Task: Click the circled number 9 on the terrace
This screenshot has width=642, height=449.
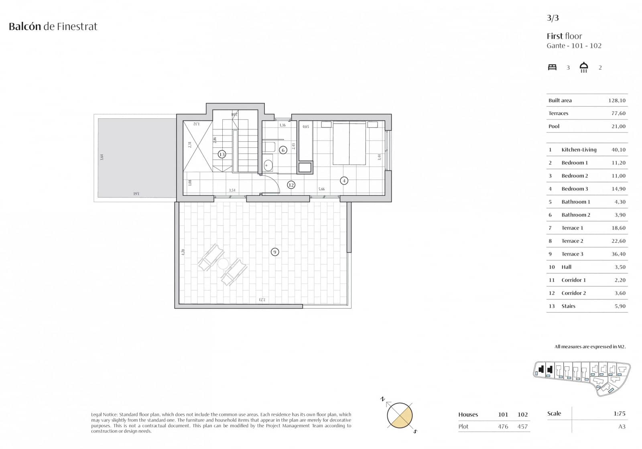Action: pos(274,252)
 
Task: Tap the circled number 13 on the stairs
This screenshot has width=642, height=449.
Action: pos(222,154)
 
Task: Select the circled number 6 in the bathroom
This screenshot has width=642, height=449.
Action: pos(283,150)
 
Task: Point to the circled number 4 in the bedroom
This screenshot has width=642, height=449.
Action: pos(344,181)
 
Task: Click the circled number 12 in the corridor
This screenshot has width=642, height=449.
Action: pos(291,185)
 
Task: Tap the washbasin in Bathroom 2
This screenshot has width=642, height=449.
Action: pos(268,165)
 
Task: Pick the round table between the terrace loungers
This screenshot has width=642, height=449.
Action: pos(223,264)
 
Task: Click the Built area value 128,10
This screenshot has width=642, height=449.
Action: pos(617,100)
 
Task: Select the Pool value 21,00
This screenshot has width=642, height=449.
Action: pos(618,126)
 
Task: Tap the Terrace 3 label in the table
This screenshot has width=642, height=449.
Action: pos(572,254)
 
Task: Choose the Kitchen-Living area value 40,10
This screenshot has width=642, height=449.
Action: pos(618,150)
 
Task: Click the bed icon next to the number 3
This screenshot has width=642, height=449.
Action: pos(553,67)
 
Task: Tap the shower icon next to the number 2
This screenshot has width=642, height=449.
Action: pos(584,67)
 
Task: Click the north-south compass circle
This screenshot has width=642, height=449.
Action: pos(400,415)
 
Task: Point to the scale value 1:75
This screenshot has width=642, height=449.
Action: pos(619,413)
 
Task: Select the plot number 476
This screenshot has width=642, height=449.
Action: pos(503,427)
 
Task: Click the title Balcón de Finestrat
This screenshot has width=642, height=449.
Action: pos(53,26)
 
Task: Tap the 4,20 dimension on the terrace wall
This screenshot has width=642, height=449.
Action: pos(183,252)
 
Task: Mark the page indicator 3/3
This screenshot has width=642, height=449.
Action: pos(553,18)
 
